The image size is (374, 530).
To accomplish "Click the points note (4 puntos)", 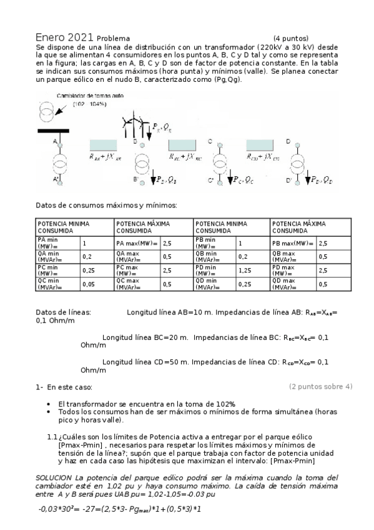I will [291, 38].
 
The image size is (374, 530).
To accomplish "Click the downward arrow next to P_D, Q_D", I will [306, 179].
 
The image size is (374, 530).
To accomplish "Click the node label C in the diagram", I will [210, 142].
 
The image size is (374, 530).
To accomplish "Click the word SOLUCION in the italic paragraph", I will [55, 477].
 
